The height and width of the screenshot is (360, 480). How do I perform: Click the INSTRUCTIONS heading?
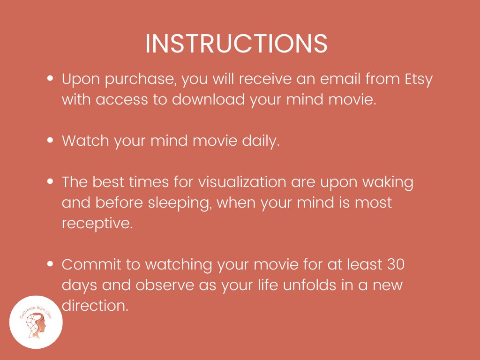[x=236, y=44]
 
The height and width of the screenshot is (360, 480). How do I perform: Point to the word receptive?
[x=97, y=224]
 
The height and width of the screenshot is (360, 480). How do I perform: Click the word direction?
[x=95, y=306]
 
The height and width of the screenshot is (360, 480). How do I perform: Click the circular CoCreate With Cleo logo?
[x=36, y=322]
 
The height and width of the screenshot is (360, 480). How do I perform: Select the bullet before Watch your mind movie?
[x=50, y=141]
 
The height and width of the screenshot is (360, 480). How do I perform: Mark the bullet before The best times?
[x=50, y=182]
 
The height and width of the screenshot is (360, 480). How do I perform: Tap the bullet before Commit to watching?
[x=50, y=264]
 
